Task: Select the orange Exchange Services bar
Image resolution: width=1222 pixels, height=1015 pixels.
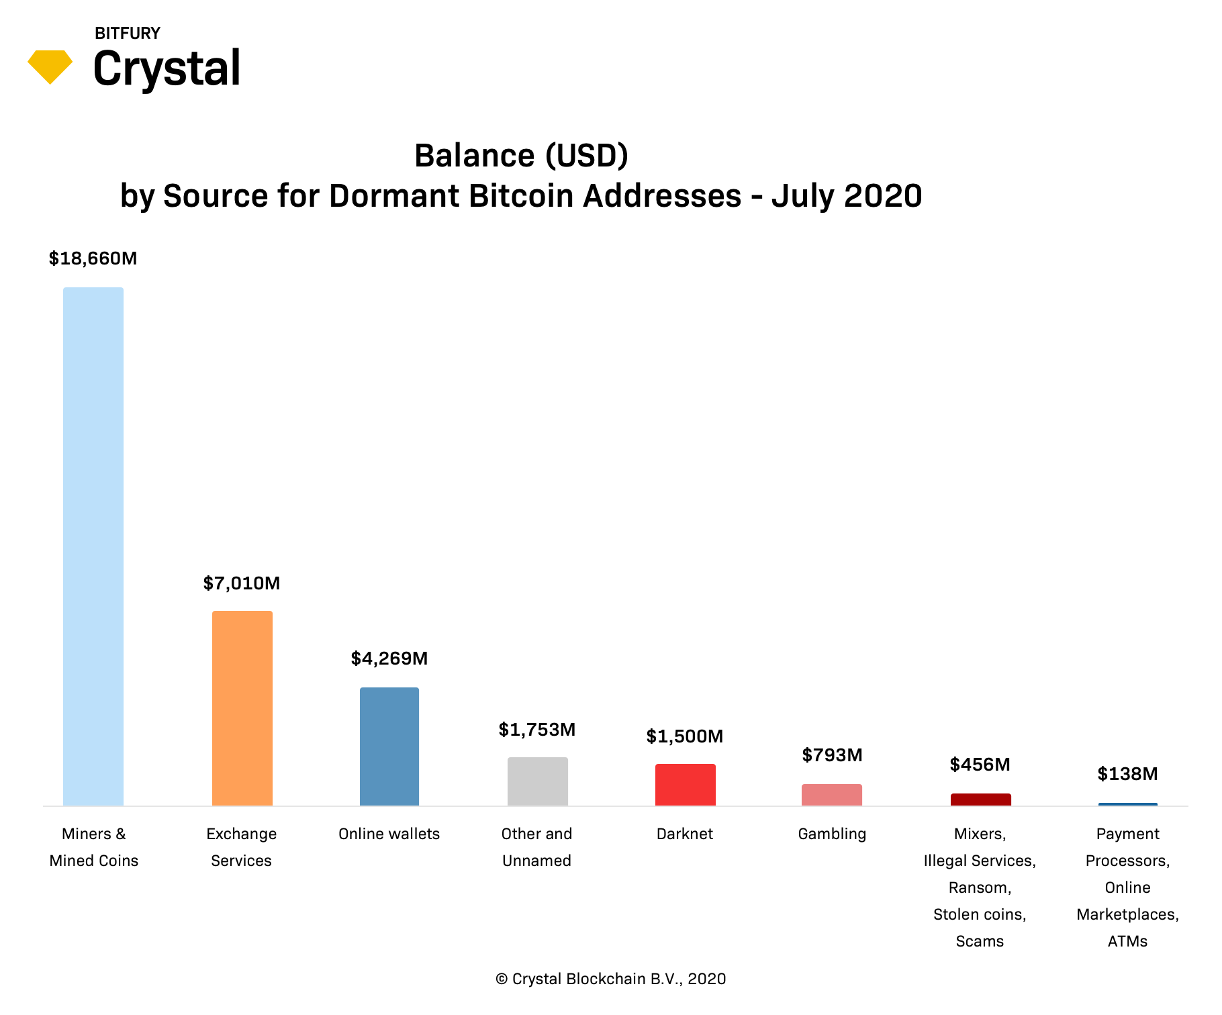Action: [x=242, y=708]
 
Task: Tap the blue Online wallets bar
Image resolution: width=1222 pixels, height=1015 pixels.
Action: [x=389, y=746]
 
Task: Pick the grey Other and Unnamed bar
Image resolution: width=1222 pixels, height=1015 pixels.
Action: [x=537, y=781]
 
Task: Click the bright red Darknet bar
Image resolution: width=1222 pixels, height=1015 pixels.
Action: [x=685, y=784]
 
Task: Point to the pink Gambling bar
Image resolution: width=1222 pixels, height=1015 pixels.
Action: [x=832, y=794]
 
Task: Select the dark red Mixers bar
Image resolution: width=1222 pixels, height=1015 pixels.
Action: [x=980, y=799]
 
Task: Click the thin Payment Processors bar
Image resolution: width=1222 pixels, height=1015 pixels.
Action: [x=1127, y=804]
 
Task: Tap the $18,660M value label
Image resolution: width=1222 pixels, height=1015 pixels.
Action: [x=93, y=258]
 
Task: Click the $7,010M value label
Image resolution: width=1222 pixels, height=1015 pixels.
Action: [x=242, y=583]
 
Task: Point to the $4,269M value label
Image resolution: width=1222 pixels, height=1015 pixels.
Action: [x=389, y=659]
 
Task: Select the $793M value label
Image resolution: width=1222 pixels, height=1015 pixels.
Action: [x=832, y=755]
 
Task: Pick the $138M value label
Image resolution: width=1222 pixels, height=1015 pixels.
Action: [x=1127, y=774]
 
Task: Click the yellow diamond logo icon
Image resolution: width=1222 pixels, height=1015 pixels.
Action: [x=50, y=66]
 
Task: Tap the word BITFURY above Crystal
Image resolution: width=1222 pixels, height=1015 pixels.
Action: [x=128, y=33]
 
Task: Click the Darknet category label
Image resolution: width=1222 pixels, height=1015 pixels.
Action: [x=685, y=834]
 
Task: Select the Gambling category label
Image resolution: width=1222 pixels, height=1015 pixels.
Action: [x=832, y=834]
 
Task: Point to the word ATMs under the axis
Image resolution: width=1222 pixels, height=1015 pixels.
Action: [x=1127, y=941]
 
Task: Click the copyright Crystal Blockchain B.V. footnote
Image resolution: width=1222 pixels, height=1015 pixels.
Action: [x=610, y=979]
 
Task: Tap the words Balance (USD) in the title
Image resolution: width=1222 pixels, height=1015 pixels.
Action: [x=521, y=156]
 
